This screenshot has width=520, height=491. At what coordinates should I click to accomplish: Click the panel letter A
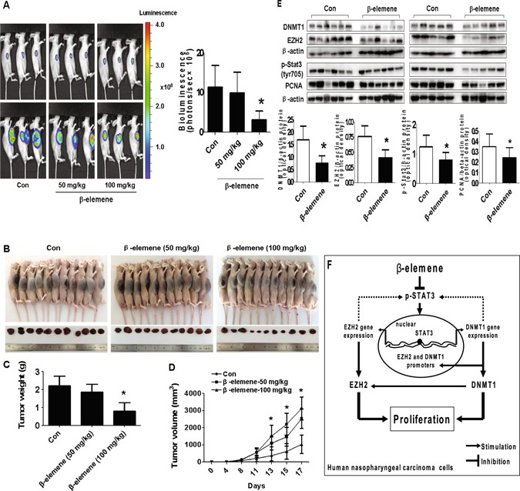(6, 6)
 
